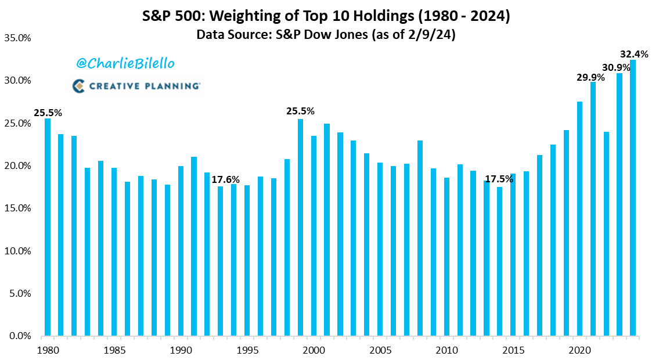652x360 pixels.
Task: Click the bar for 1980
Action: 48,227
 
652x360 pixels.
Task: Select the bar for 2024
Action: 633,198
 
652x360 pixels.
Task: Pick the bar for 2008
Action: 420,238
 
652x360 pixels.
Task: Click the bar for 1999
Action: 300,227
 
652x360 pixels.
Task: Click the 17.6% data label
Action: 225,179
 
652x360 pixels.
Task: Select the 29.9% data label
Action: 590,77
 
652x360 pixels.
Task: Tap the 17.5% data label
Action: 499,179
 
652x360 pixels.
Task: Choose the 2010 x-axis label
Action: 446,350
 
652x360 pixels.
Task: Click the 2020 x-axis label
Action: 579,350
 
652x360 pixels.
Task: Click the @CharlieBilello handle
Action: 124,63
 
